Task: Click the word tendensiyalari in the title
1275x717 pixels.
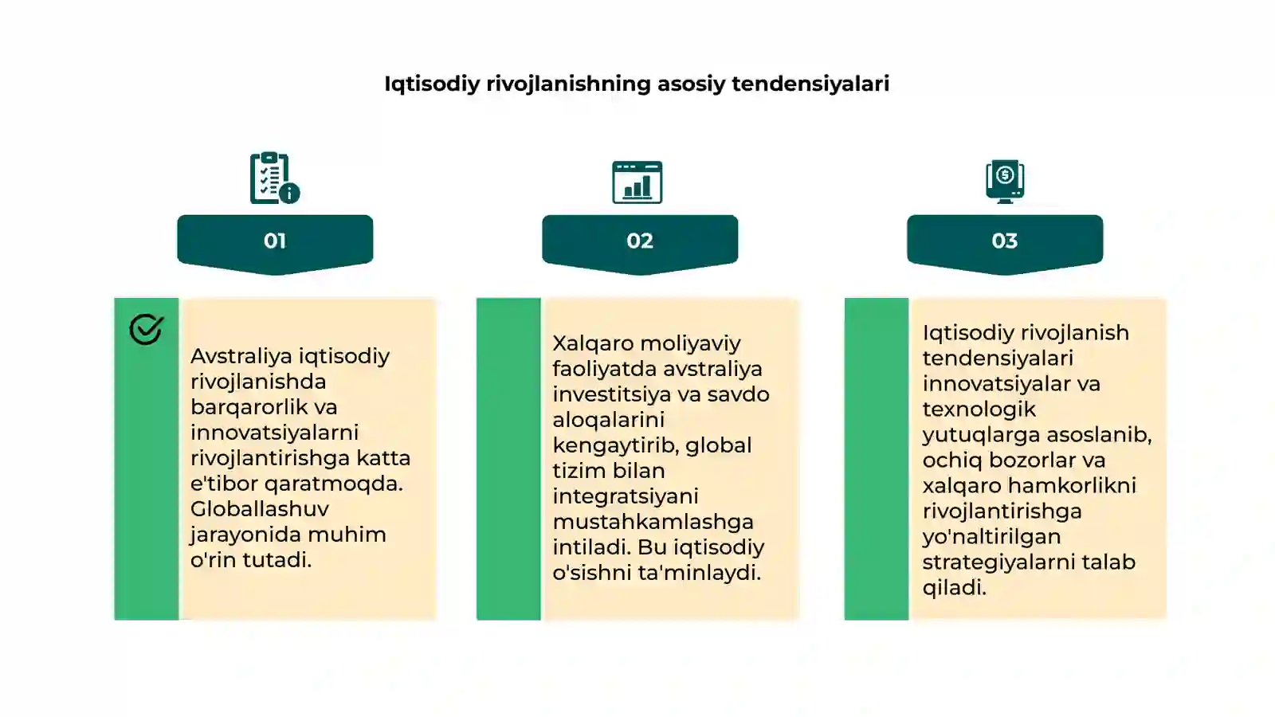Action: coord(810,84)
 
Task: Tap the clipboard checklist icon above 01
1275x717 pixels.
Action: coord(275,178)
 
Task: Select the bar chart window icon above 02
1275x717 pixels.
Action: coord(637,182)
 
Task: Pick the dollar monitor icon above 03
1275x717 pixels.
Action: coord(1005,182)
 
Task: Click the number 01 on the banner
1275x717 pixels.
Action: coord(275,241)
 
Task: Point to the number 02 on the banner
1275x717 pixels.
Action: coord(640,241)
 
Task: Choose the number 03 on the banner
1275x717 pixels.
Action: coord(1005,241)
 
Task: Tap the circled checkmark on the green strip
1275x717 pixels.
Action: coord(147,329)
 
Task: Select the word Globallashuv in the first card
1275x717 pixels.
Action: coord(260,509)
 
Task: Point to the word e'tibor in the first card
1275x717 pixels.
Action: coord(224,483)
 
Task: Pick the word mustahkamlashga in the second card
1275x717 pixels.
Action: coord(653,522)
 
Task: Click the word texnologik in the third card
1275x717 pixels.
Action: coord(979,409)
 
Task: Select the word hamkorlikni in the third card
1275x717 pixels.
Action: coord(1072,485)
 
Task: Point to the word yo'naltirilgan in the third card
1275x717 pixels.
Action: coord(991,537)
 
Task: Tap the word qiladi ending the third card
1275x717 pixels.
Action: coord(954,587)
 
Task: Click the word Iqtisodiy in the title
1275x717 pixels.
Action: coord(432,84)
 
